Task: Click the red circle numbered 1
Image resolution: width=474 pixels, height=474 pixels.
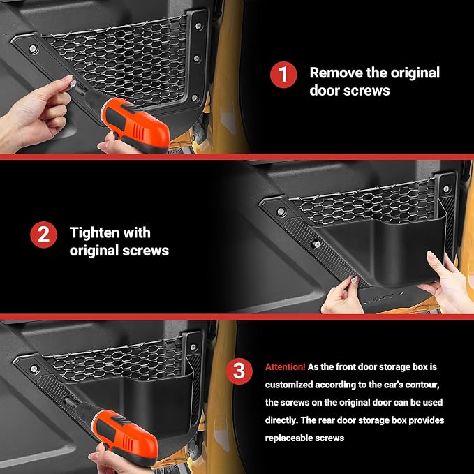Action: [283, 75]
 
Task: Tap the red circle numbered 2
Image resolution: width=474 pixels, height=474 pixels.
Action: [43, 235]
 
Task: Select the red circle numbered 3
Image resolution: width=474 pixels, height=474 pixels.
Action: [239, 371]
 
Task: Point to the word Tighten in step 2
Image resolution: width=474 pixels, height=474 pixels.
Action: [95, 233]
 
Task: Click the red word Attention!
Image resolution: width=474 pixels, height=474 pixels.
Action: [286, 367]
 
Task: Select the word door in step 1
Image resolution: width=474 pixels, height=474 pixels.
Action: [323, 91]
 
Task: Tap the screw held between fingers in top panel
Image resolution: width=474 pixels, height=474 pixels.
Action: [73, 84]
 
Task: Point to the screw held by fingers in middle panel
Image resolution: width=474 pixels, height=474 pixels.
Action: [353, 280]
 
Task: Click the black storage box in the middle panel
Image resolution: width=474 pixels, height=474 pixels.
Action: [381, 251]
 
